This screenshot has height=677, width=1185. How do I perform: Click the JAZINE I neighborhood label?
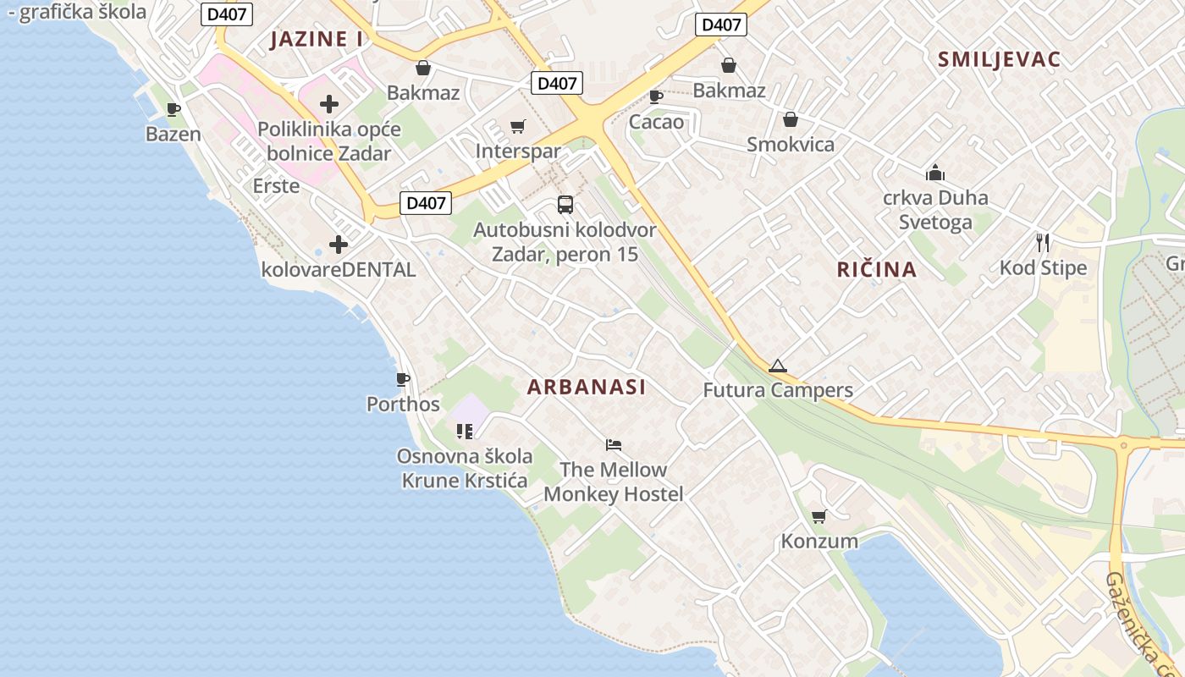(x=317, y=39)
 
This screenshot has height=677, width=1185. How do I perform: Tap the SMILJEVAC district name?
(x=999, y=59)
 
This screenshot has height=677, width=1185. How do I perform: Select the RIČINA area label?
(x=877, y=270)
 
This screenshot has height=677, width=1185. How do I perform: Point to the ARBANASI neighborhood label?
(x=587, y=388)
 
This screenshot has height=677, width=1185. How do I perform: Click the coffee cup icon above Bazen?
(x=174, y=109)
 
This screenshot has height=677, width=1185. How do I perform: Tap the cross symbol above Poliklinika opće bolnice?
(x=329, y=104)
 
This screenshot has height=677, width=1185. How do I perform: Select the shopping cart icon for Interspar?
(x=518, y=127)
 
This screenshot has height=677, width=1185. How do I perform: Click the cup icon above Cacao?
(x=655, y=97)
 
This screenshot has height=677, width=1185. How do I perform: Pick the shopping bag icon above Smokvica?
(x=791, y=119)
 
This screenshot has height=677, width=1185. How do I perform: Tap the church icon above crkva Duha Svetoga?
(x=935, y=173)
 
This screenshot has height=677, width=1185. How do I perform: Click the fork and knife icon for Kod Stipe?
(x=1043, y=243)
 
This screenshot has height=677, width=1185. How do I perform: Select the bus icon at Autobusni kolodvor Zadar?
(x=565, y=204)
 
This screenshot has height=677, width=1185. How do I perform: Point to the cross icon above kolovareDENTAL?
(x=339, y=245)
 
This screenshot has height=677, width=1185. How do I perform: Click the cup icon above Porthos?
(x=403, y=379)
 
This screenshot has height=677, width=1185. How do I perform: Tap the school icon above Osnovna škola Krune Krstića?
(x=465, y=432)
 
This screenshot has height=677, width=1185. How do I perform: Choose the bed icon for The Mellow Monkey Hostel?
(x=614, y=444)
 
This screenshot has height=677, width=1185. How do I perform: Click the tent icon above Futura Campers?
(x=778, y=366)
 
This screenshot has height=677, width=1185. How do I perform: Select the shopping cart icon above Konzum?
(x=818, y=516)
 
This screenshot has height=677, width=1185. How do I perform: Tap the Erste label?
(x=276, y=185)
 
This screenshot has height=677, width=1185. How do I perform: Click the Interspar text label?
(x=518, y=151)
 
